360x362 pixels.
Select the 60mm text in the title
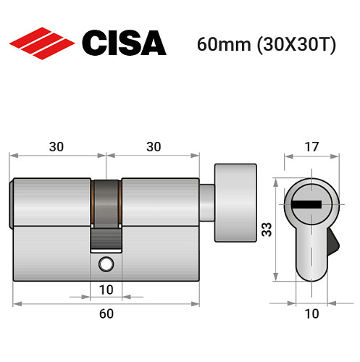pos(222,44)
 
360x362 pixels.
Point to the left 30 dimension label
pos(57,146)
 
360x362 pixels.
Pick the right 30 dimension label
pos(153,146)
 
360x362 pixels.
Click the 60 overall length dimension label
pos(106,313)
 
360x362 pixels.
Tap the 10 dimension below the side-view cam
pos(106,290)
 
